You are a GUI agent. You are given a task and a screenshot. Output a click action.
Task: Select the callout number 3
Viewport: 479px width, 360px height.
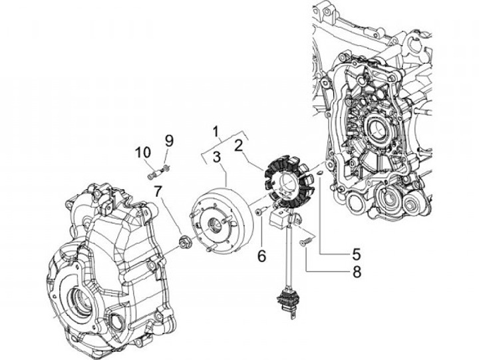[217, 158]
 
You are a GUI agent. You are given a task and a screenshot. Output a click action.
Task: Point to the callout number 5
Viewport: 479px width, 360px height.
[357, 254]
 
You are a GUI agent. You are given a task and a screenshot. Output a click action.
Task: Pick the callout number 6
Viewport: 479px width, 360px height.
[261, 254]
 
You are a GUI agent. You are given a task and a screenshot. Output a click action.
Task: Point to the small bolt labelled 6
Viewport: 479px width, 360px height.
[259, 212]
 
